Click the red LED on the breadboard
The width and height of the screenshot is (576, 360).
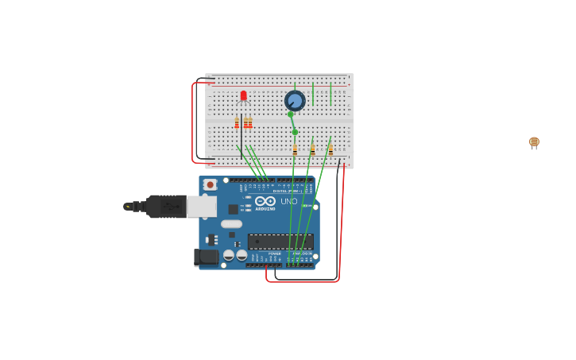point(243,96)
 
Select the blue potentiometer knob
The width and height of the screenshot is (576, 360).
point(295,101)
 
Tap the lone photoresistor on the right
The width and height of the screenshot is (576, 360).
point(534,142)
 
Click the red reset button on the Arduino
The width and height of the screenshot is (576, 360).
point(210,184)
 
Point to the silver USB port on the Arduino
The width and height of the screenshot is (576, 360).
point(201,207)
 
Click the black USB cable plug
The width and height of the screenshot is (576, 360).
point(165,207)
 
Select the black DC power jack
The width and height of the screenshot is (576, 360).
point(207,257)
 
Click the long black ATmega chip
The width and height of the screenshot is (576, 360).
point(280,242)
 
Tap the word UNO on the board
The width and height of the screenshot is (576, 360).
point(288,201)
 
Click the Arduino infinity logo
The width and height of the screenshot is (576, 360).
point(265,201)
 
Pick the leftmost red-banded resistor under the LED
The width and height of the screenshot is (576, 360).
point(237,122)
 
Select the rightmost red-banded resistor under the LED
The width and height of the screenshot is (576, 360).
point(250,122)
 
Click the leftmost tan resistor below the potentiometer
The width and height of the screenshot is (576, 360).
point(295,149)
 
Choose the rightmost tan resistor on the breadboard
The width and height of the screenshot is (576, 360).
point(331,149)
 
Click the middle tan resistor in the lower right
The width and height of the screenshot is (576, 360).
point(312,149)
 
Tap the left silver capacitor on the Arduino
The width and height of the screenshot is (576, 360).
point(229,255)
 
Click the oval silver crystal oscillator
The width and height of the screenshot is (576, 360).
point(231,224)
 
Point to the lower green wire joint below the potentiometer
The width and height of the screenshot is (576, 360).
point(295,132)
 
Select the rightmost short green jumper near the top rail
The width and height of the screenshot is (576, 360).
point(331,94)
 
